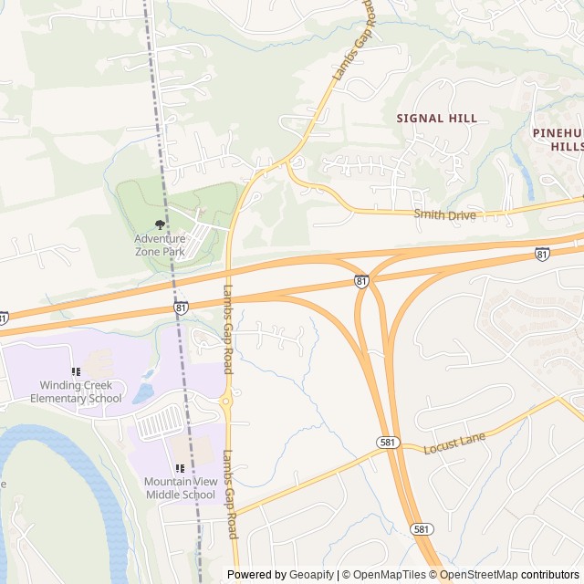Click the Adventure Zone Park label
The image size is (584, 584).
tap(160, 244)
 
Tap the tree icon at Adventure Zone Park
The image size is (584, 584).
tap(161, 224)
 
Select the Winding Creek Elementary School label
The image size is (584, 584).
tap(76, 391)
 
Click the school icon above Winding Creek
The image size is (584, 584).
tap(76, 371)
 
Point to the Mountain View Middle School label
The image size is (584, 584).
tap(180, 488)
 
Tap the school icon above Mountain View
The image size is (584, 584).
tap(180, 468)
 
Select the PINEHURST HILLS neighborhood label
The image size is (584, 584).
tap(558, 140)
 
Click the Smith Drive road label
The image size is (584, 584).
tap(445, 215)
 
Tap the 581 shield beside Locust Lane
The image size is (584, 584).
tap(388, 442)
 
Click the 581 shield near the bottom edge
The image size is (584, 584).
tap(421, 528)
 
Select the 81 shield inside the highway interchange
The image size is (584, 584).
tap(362, 282)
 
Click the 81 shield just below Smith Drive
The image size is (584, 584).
tap(543, 254)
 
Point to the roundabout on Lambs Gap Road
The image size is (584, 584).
tap(227, 401)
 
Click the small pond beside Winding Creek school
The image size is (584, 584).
tap(143, 393)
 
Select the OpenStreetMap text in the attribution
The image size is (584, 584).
tap(483, 575)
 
